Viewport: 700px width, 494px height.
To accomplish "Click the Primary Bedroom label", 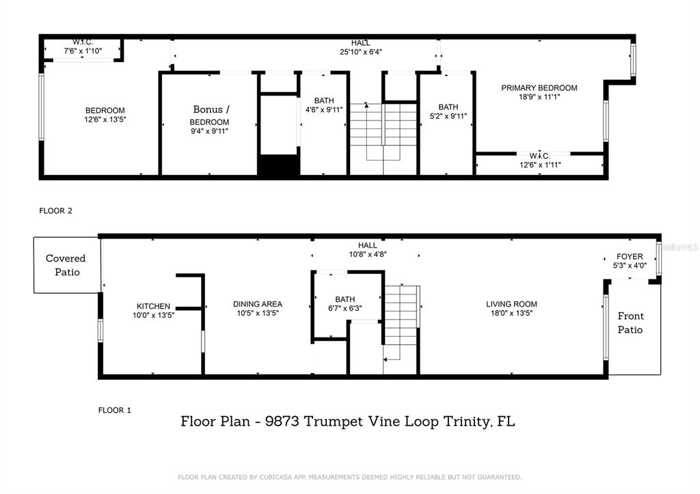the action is coord(539,88).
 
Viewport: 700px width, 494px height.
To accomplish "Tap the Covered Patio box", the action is coord(67,265).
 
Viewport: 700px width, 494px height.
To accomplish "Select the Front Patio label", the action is coord(630,323).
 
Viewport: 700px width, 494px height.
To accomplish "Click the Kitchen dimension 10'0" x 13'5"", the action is coord(153,315).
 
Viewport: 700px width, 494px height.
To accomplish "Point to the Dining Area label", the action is coord(258,304).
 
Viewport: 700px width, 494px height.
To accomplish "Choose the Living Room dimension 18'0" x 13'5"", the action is coord(511,313).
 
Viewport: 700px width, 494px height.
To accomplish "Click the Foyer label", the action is coord(630,257).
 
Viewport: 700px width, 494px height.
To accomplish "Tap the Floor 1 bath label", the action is coord(345,299).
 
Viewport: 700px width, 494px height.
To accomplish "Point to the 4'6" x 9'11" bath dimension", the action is coord(324,110).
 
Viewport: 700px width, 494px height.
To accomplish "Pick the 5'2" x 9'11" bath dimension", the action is coord(448,116).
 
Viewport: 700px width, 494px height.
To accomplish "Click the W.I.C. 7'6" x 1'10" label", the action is coord(83,46).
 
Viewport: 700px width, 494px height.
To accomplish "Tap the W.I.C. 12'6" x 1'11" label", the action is coord(540,160).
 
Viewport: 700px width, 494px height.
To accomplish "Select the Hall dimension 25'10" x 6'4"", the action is coord(361,52).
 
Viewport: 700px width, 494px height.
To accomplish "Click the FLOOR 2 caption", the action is coord(56,210).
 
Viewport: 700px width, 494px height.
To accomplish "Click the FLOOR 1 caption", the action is coord(115,410).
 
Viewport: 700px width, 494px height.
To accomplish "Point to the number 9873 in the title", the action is coord(282,422).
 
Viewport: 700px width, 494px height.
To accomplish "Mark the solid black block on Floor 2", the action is coord(279,165).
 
